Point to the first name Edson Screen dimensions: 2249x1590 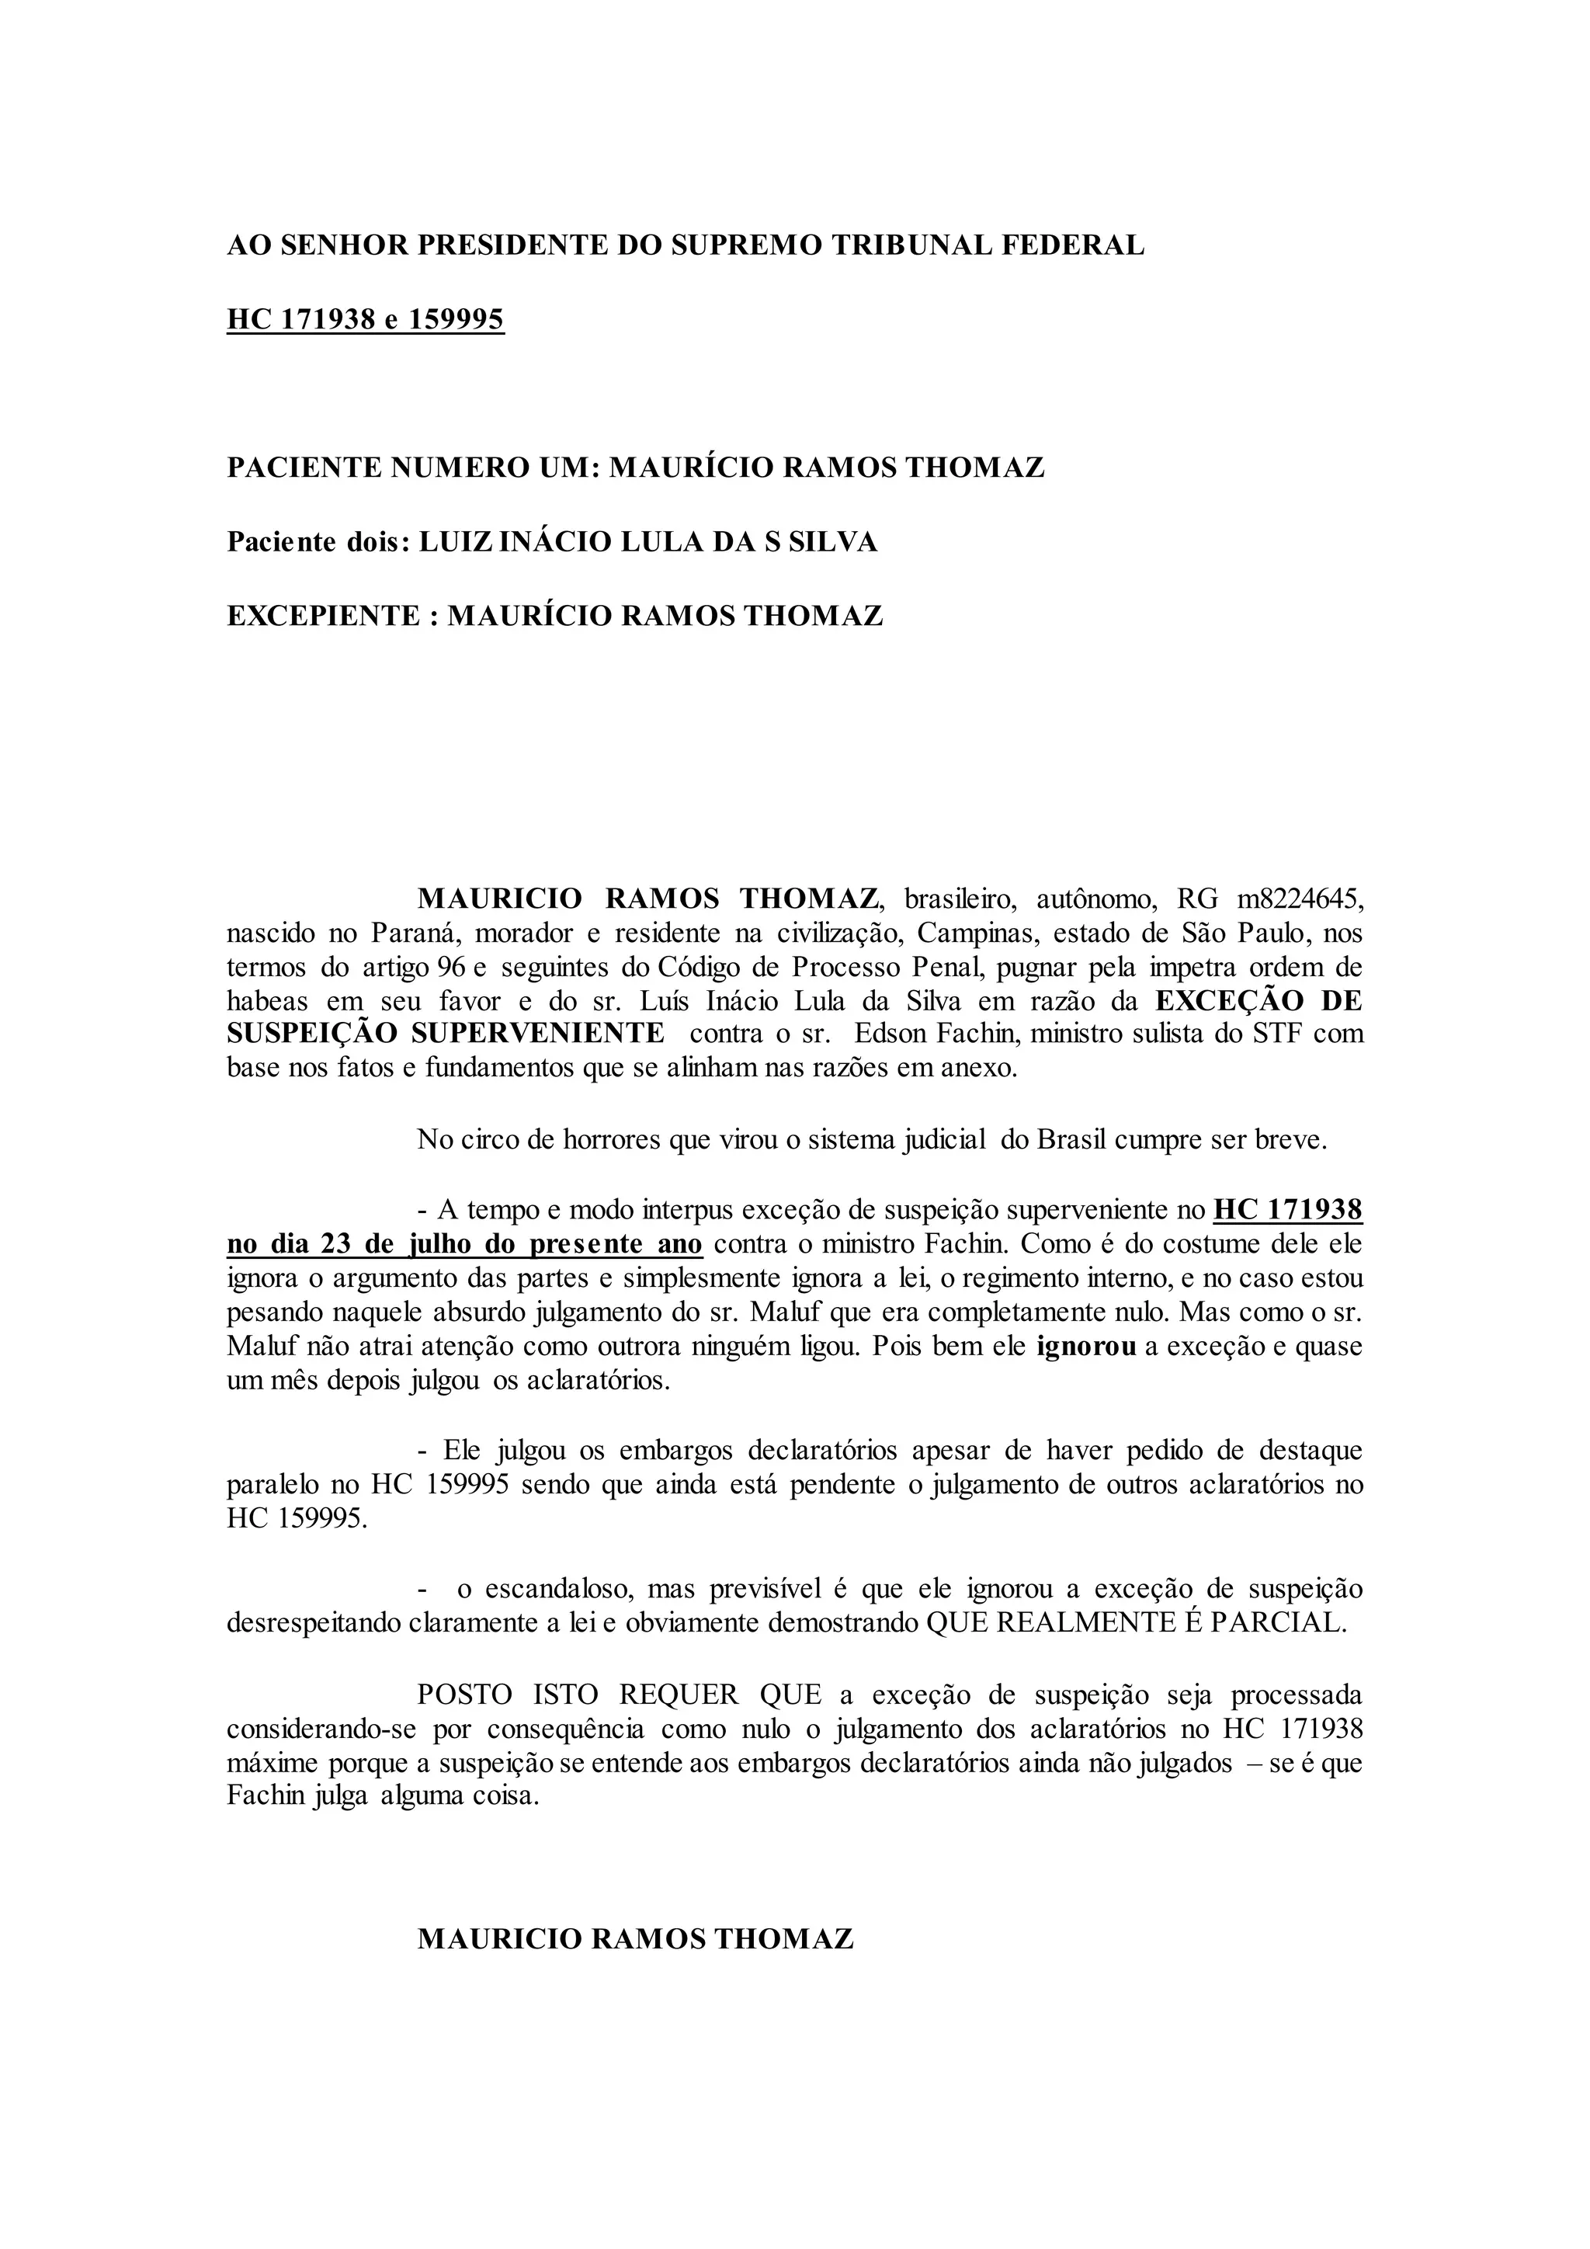(897, 1034)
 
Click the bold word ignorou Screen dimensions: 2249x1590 (1086, 1346)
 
